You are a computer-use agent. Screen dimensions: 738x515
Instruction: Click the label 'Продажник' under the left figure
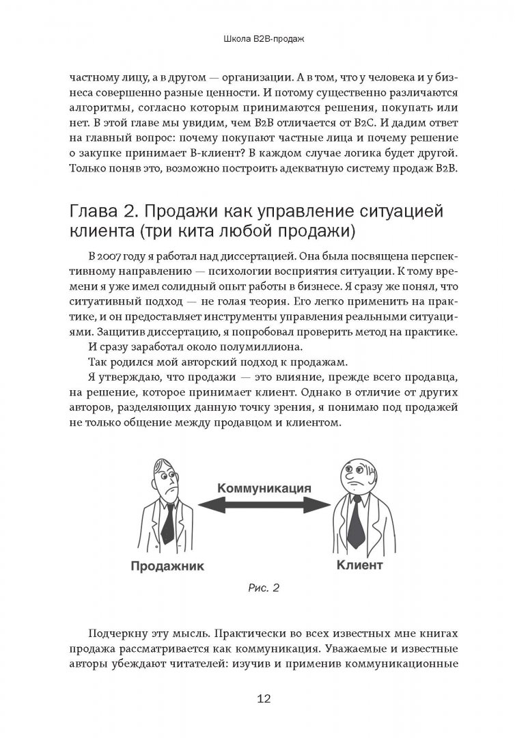point(165,566)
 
